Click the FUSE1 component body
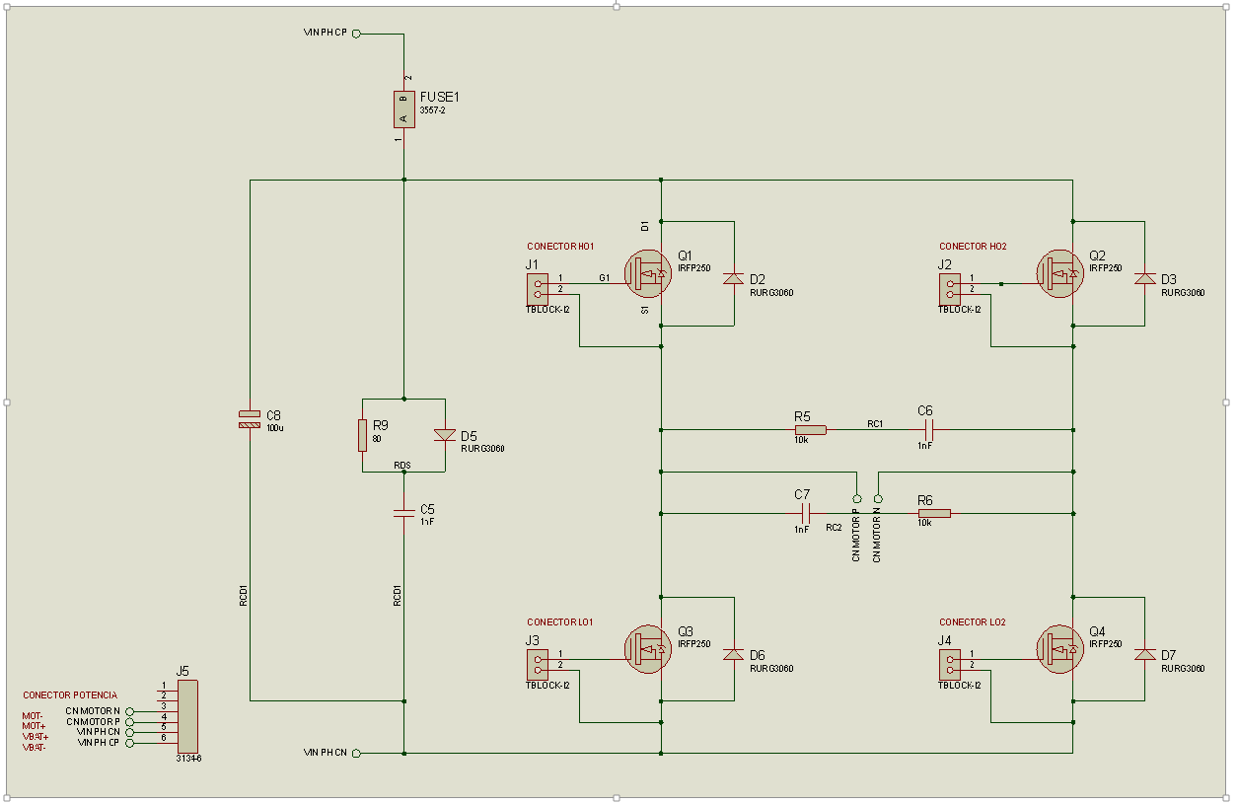coord(404,110)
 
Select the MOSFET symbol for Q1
coord(648,273)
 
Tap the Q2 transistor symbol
coord(1059,273)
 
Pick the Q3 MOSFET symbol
coord(648,649)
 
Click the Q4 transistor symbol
coord(1059,649)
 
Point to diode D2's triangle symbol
coord(733,278)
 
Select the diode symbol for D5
coord(445,435)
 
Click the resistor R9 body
coord(362,435)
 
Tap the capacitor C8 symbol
coord(250,419)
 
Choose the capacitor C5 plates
coord(404,514)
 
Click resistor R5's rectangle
coord(811,429)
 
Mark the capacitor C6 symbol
coord(929,429)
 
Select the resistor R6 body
coord(934,514)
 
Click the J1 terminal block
coord(538,289)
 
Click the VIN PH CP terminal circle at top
coord(356,34)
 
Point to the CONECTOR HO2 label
coord(973,247)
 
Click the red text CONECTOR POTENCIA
coord(70,695)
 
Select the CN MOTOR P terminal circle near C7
coord(857,498)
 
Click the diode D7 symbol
coord(1145,654)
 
